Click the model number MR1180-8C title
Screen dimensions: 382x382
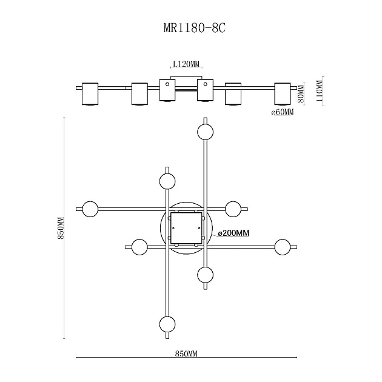[x=191, y=28]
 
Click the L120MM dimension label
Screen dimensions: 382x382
[x=186, y=64]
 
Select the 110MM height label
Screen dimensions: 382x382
[x=320, y=92]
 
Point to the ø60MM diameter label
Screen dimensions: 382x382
[x=283, y=113]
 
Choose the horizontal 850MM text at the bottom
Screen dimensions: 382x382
[x=185, y=353]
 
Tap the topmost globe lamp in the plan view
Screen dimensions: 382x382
[x=205, y=132]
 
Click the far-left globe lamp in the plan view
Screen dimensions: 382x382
[x=90, y=209]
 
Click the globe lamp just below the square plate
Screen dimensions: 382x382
[x=205, y=275]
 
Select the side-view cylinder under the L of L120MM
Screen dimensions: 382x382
[x=167, y=91]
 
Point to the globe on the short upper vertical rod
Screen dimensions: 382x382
[x=167, y=181]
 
